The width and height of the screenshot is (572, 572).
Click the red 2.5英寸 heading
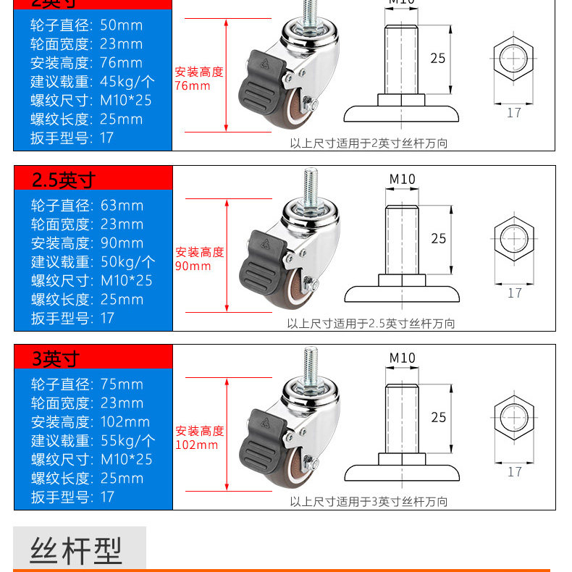(x=64, y=180)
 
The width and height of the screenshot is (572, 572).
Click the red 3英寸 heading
(x=56, y=358)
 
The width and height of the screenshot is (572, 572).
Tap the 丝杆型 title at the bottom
(x=77, y=550)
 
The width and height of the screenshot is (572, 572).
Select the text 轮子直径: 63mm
(x=87, y=206)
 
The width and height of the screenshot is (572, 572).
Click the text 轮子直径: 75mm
(x=87, y=384)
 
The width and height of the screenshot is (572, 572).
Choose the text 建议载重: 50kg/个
(x=93, y=261)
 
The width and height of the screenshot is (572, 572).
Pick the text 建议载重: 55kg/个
(x=93, y=440)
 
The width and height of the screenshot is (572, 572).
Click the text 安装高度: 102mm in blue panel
(x=90, y=421)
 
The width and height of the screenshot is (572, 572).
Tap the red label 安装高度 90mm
(x=199, y=259)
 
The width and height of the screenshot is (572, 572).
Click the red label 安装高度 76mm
(x=198, y=79)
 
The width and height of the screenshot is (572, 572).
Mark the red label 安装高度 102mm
(x=199, y=438)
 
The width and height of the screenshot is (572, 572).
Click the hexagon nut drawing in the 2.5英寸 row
(x=514, y=238)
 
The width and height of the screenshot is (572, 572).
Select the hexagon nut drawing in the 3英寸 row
(x=514, y=417)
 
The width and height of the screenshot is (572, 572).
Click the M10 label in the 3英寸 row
(x=403, y=358)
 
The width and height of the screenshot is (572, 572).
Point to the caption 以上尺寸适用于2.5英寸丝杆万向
(x=371, y=324)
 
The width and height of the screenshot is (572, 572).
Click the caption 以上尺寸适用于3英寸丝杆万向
(x=369, y=501)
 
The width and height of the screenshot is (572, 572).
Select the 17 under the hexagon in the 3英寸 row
(x=514, y=471)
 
